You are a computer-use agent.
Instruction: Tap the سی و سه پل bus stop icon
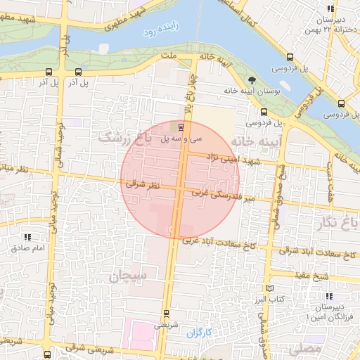click(x=182, y=127)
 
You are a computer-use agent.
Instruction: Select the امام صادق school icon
click(x=27, y=238)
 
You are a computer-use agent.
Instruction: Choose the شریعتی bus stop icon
click(x=166, y=314)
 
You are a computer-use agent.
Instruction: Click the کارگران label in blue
click(x=200, y=330)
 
